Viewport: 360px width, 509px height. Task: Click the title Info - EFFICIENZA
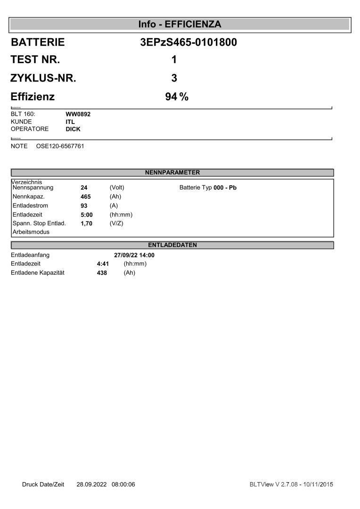point(180,25)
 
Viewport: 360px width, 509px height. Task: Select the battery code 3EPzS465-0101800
point(188,42)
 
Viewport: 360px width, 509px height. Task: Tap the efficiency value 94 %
point(177,97)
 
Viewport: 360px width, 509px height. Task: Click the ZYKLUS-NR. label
point(43,78)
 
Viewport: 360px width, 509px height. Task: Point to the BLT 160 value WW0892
point(78,114)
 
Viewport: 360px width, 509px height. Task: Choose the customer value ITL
point(70,122)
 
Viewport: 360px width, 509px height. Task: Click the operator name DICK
point(73,129)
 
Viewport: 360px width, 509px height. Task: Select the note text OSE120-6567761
point(60,146)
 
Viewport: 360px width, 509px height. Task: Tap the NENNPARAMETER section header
point(172,172)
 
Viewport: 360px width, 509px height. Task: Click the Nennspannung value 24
point(84,188)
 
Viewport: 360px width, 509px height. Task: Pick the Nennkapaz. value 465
point(86,197)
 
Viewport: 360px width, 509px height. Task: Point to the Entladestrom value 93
point(84,205)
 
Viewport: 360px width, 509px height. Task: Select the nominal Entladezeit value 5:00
point(87,214)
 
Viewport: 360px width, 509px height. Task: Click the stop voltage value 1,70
point(87,223)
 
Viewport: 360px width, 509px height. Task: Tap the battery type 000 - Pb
point(225,188)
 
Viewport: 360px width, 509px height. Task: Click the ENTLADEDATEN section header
point(172,245)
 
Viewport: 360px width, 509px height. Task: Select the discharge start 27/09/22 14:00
point(134,255)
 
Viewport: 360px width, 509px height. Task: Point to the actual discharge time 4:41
point(103,264)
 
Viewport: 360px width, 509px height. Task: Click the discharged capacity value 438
point(102,273)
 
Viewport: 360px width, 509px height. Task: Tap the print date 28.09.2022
point(92,484)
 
